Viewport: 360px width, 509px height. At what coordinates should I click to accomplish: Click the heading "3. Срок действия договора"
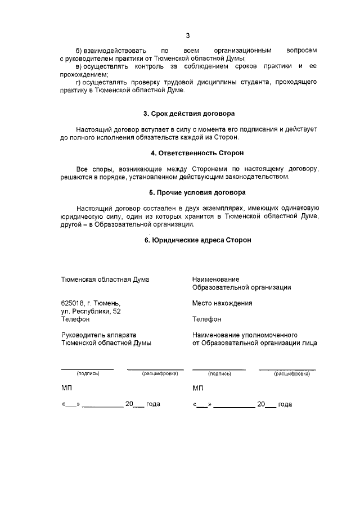(188, 114)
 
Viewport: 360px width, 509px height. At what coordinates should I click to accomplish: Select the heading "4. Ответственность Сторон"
(189, 153)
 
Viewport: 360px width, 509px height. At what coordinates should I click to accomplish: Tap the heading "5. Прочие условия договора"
(189, 192)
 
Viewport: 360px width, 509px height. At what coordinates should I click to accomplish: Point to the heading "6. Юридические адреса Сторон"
(189, 240)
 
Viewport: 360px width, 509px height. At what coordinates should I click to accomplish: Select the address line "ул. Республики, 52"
(91, 311)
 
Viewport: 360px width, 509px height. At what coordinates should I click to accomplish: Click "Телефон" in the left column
(75, 319)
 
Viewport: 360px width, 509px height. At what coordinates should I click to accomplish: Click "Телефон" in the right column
(206, 319)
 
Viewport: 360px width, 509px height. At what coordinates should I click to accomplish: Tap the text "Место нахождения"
(222, 303)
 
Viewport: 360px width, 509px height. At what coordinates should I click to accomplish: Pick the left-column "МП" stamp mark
(66, 388)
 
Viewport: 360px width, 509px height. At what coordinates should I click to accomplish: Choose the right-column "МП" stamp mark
(198, 388)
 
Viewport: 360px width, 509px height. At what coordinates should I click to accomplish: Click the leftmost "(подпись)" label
(88, 373)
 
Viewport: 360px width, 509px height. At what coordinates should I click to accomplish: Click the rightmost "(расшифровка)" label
(291, 373)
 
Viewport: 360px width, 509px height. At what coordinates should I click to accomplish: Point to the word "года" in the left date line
(153, 404)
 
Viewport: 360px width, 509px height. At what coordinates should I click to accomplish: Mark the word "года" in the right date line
(285, 404)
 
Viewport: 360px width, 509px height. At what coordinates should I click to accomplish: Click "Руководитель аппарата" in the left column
(99, 335)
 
